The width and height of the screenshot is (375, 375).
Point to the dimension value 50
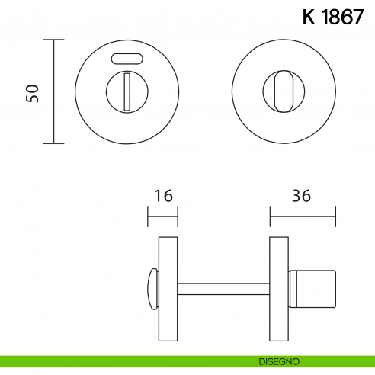[32, 92]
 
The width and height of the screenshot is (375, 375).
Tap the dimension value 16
[162, 196]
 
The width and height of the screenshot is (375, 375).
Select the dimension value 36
[302, 196]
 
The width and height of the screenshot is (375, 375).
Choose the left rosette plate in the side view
[168, 289]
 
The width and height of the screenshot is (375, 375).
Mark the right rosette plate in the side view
[279, 289]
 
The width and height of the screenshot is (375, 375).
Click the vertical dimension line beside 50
[53, 92]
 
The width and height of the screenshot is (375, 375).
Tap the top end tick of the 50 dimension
[53, 40]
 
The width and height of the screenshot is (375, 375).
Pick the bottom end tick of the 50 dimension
[53, 143]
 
